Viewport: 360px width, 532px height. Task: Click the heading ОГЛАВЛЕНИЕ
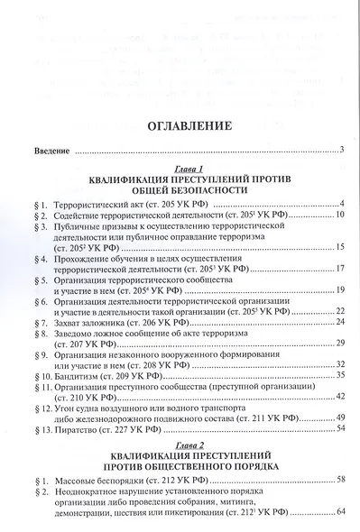(x=180, y=126)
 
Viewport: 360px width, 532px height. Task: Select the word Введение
(x=35, y=149)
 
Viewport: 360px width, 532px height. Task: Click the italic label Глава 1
(x=180, y=169)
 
